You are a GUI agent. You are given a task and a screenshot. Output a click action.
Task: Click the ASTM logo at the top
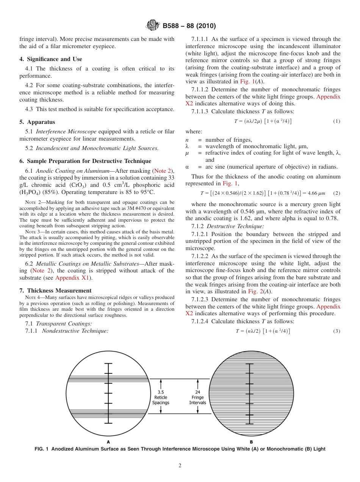153,26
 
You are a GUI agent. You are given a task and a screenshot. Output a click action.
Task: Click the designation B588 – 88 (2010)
189,26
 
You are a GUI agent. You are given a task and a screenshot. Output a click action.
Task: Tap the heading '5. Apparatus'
37,122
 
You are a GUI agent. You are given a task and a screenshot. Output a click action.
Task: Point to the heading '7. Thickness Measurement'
55,291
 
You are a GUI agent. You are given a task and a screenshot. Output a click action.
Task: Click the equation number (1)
336,121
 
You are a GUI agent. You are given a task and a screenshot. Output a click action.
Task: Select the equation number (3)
336,331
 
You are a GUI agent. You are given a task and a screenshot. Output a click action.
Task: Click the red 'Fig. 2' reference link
255,291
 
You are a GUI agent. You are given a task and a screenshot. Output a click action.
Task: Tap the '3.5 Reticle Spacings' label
161,397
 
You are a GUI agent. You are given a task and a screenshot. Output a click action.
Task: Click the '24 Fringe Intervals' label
197,397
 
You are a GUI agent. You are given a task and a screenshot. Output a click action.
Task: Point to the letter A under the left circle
108,442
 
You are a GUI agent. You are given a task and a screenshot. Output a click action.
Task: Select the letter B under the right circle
251,442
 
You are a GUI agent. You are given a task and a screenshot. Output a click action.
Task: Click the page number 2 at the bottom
180,466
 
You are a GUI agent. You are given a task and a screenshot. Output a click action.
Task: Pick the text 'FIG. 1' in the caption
41,449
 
